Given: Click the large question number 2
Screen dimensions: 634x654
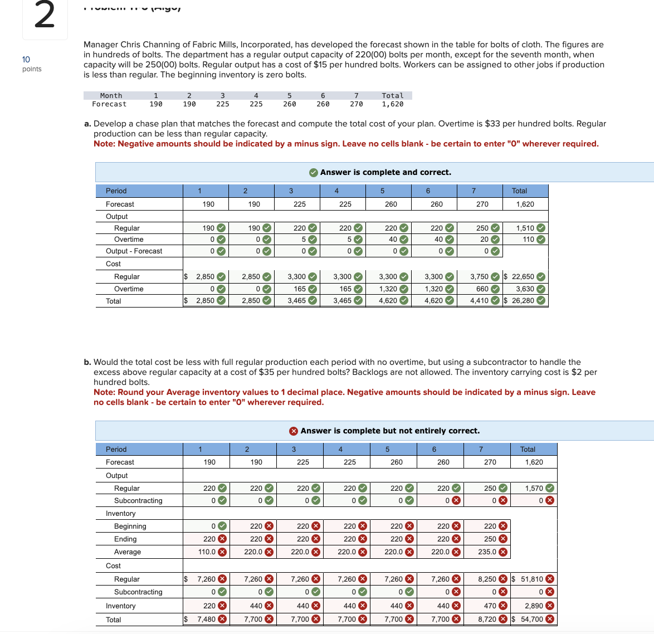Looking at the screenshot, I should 45,16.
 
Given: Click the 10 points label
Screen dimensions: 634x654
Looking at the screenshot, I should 31,64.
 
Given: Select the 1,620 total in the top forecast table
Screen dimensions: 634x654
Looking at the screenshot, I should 392,104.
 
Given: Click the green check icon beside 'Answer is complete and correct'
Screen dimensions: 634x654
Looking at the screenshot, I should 314,173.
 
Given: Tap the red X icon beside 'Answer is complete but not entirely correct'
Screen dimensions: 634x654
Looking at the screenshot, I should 294,431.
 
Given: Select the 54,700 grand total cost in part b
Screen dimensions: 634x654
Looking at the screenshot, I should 532,619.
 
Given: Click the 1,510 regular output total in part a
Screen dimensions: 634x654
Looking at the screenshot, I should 525,228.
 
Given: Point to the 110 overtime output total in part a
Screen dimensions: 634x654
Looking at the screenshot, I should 528,240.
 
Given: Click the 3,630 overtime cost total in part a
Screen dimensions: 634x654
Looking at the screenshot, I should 525,289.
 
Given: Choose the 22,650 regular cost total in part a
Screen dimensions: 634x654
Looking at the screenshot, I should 523,276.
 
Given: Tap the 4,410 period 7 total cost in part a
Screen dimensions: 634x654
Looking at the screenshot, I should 479,301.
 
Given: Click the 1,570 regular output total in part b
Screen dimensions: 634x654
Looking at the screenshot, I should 534,488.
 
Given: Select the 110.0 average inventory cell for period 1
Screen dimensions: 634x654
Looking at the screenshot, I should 207,552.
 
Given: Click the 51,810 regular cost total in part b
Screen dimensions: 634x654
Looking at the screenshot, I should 531,579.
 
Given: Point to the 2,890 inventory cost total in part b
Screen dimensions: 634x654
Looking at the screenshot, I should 534,606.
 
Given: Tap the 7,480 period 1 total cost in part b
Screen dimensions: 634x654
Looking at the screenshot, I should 206,619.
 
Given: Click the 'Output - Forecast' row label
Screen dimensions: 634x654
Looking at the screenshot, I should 134,251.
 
